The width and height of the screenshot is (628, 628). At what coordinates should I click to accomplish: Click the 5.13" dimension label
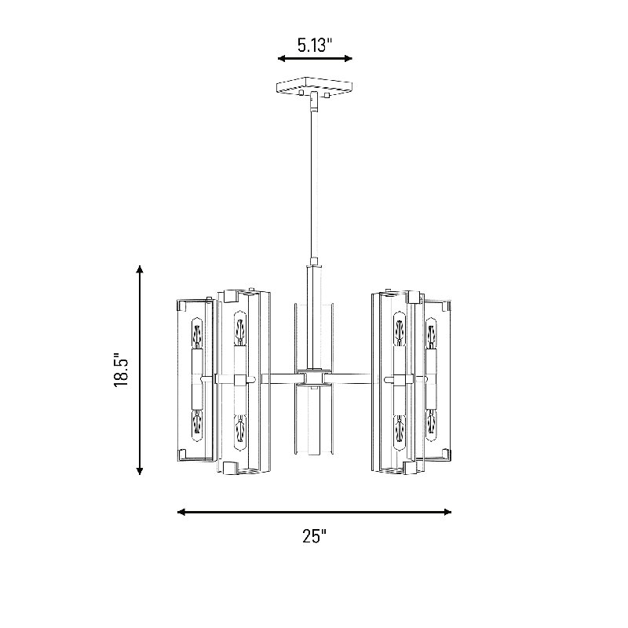pyautogui.click(x=315, y=45)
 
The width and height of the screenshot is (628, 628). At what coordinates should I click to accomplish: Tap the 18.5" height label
pyautogui.click(x=121, y=370)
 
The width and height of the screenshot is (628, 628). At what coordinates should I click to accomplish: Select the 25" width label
pyautogui.click(x=315, y=536)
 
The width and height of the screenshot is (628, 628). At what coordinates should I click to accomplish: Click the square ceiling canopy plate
pyautogui.click(x=315, y=86)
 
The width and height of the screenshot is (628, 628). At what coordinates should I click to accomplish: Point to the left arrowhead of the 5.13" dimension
pyautogui.click(x=282, y=58)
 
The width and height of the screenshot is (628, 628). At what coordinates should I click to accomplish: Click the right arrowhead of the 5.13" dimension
pyautogui.click(x=348, y=58)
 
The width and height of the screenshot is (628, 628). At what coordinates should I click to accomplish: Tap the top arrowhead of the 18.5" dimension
pyautogui.click(x=140, y=269)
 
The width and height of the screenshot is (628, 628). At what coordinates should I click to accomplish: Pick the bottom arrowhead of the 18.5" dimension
pyautogui.click(x=140, y=470)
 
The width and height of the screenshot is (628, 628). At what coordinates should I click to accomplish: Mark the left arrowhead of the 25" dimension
pyautogui.click(x=182, y=512)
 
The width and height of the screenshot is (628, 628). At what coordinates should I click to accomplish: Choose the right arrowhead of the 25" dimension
pyautogui.click(x=447, y=512)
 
